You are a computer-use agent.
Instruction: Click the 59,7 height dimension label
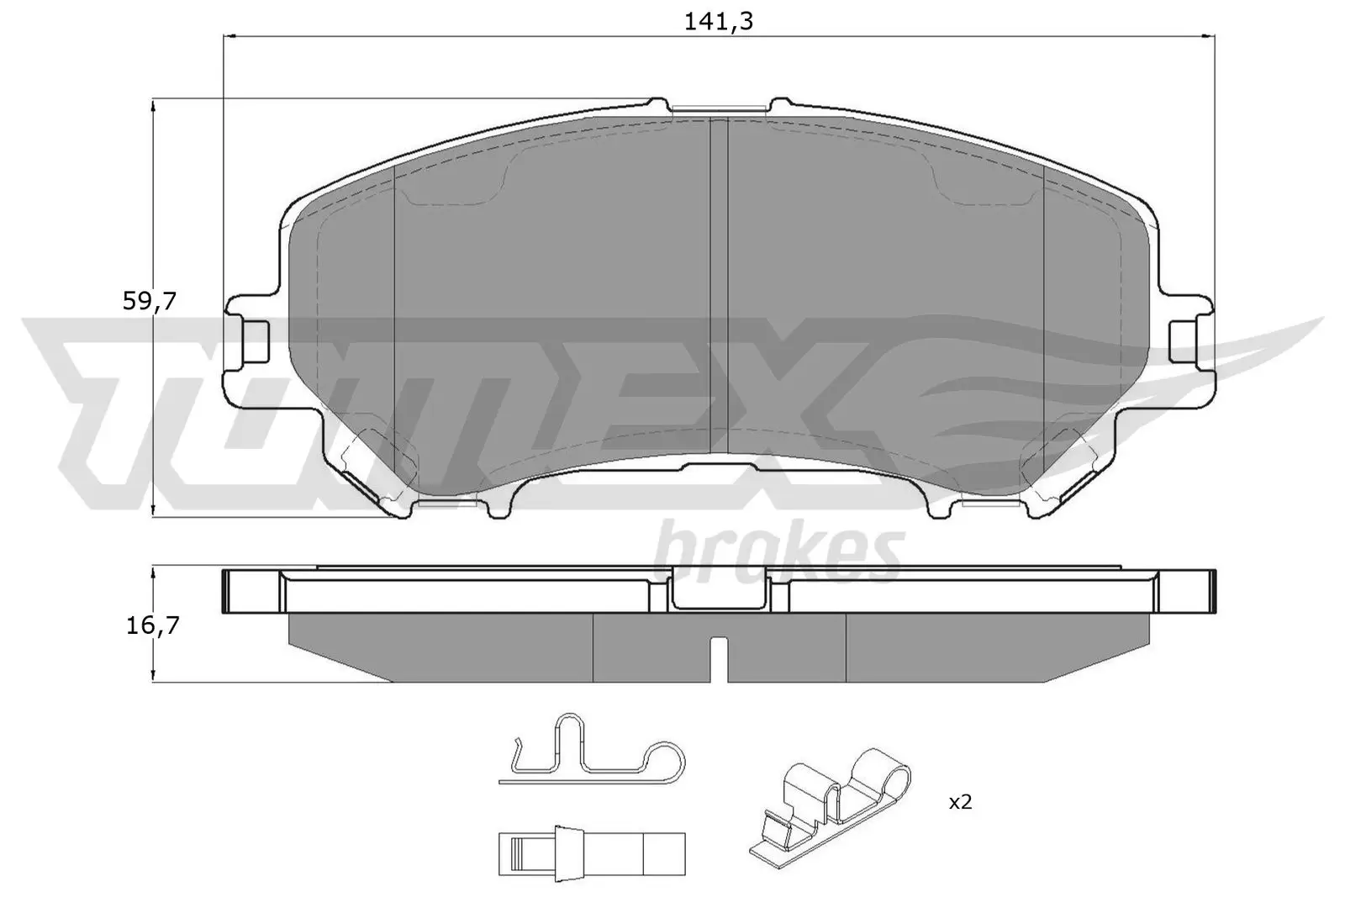pyautogui.click(x=149, y=301)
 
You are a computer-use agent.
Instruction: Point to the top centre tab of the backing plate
pyautogui.click(x=720, y=107)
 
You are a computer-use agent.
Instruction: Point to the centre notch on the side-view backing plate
pyautogui.click(x=720, y=590)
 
